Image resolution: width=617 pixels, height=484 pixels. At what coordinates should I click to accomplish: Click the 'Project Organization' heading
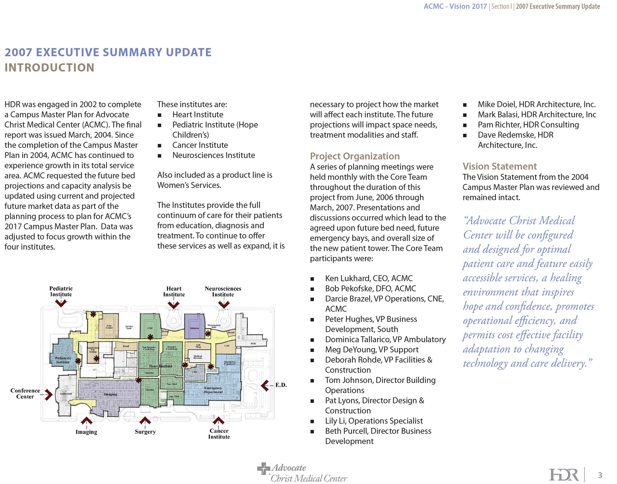[x=355, y=156]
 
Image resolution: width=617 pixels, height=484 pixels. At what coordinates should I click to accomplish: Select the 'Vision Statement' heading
[x=499, y=166]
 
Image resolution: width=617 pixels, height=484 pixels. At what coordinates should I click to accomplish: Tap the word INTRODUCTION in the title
[x=49, y=68]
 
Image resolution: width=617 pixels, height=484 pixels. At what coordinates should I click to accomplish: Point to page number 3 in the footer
[x=600, y=475]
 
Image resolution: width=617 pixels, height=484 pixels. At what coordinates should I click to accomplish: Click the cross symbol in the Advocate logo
[x=264, y=469]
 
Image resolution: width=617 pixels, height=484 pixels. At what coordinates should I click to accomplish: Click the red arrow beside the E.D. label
[x=265, y=385]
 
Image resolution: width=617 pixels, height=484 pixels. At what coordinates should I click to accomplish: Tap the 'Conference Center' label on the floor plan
[x=25, y=393]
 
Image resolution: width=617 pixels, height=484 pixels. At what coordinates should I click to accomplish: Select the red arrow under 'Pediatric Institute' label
[x=61, y=303]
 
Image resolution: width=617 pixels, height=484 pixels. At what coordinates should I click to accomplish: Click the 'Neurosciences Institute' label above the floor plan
[x=223, y=291]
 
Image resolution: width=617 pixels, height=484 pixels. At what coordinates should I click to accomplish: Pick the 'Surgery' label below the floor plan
[x=145, y=432]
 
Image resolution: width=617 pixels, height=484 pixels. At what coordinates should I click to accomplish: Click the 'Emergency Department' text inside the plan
[x=213, y=390]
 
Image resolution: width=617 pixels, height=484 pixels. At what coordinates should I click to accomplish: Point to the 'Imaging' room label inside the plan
[x=111, y=394]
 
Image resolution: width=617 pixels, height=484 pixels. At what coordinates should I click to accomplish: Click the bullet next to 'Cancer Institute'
[x=159, y=145]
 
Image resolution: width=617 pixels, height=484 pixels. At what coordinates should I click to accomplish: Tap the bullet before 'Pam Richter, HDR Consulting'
[x=465, y=125]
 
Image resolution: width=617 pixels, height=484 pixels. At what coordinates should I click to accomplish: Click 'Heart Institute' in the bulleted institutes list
[x=198, y=115]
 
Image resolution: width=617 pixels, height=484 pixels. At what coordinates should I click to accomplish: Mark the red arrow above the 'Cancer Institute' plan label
[x=219, y=420]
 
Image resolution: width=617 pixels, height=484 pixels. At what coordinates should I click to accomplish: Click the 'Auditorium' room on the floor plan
[x=66, y=394]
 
